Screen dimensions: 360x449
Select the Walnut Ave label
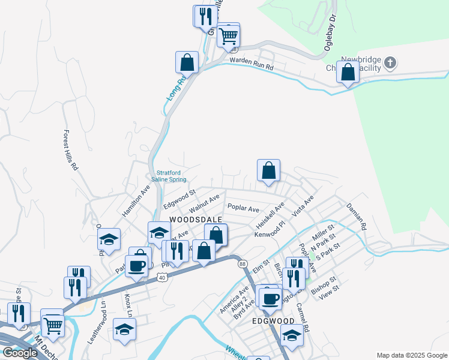[204, 203]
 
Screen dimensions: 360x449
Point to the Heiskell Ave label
[270, 215]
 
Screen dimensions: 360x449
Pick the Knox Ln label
[128, 305]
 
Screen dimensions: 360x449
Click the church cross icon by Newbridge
[391, 62]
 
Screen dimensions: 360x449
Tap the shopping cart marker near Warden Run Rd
[229, 35]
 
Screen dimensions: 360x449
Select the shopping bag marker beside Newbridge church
[348, 73]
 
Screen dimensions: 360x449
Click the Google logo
[20, 353]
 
